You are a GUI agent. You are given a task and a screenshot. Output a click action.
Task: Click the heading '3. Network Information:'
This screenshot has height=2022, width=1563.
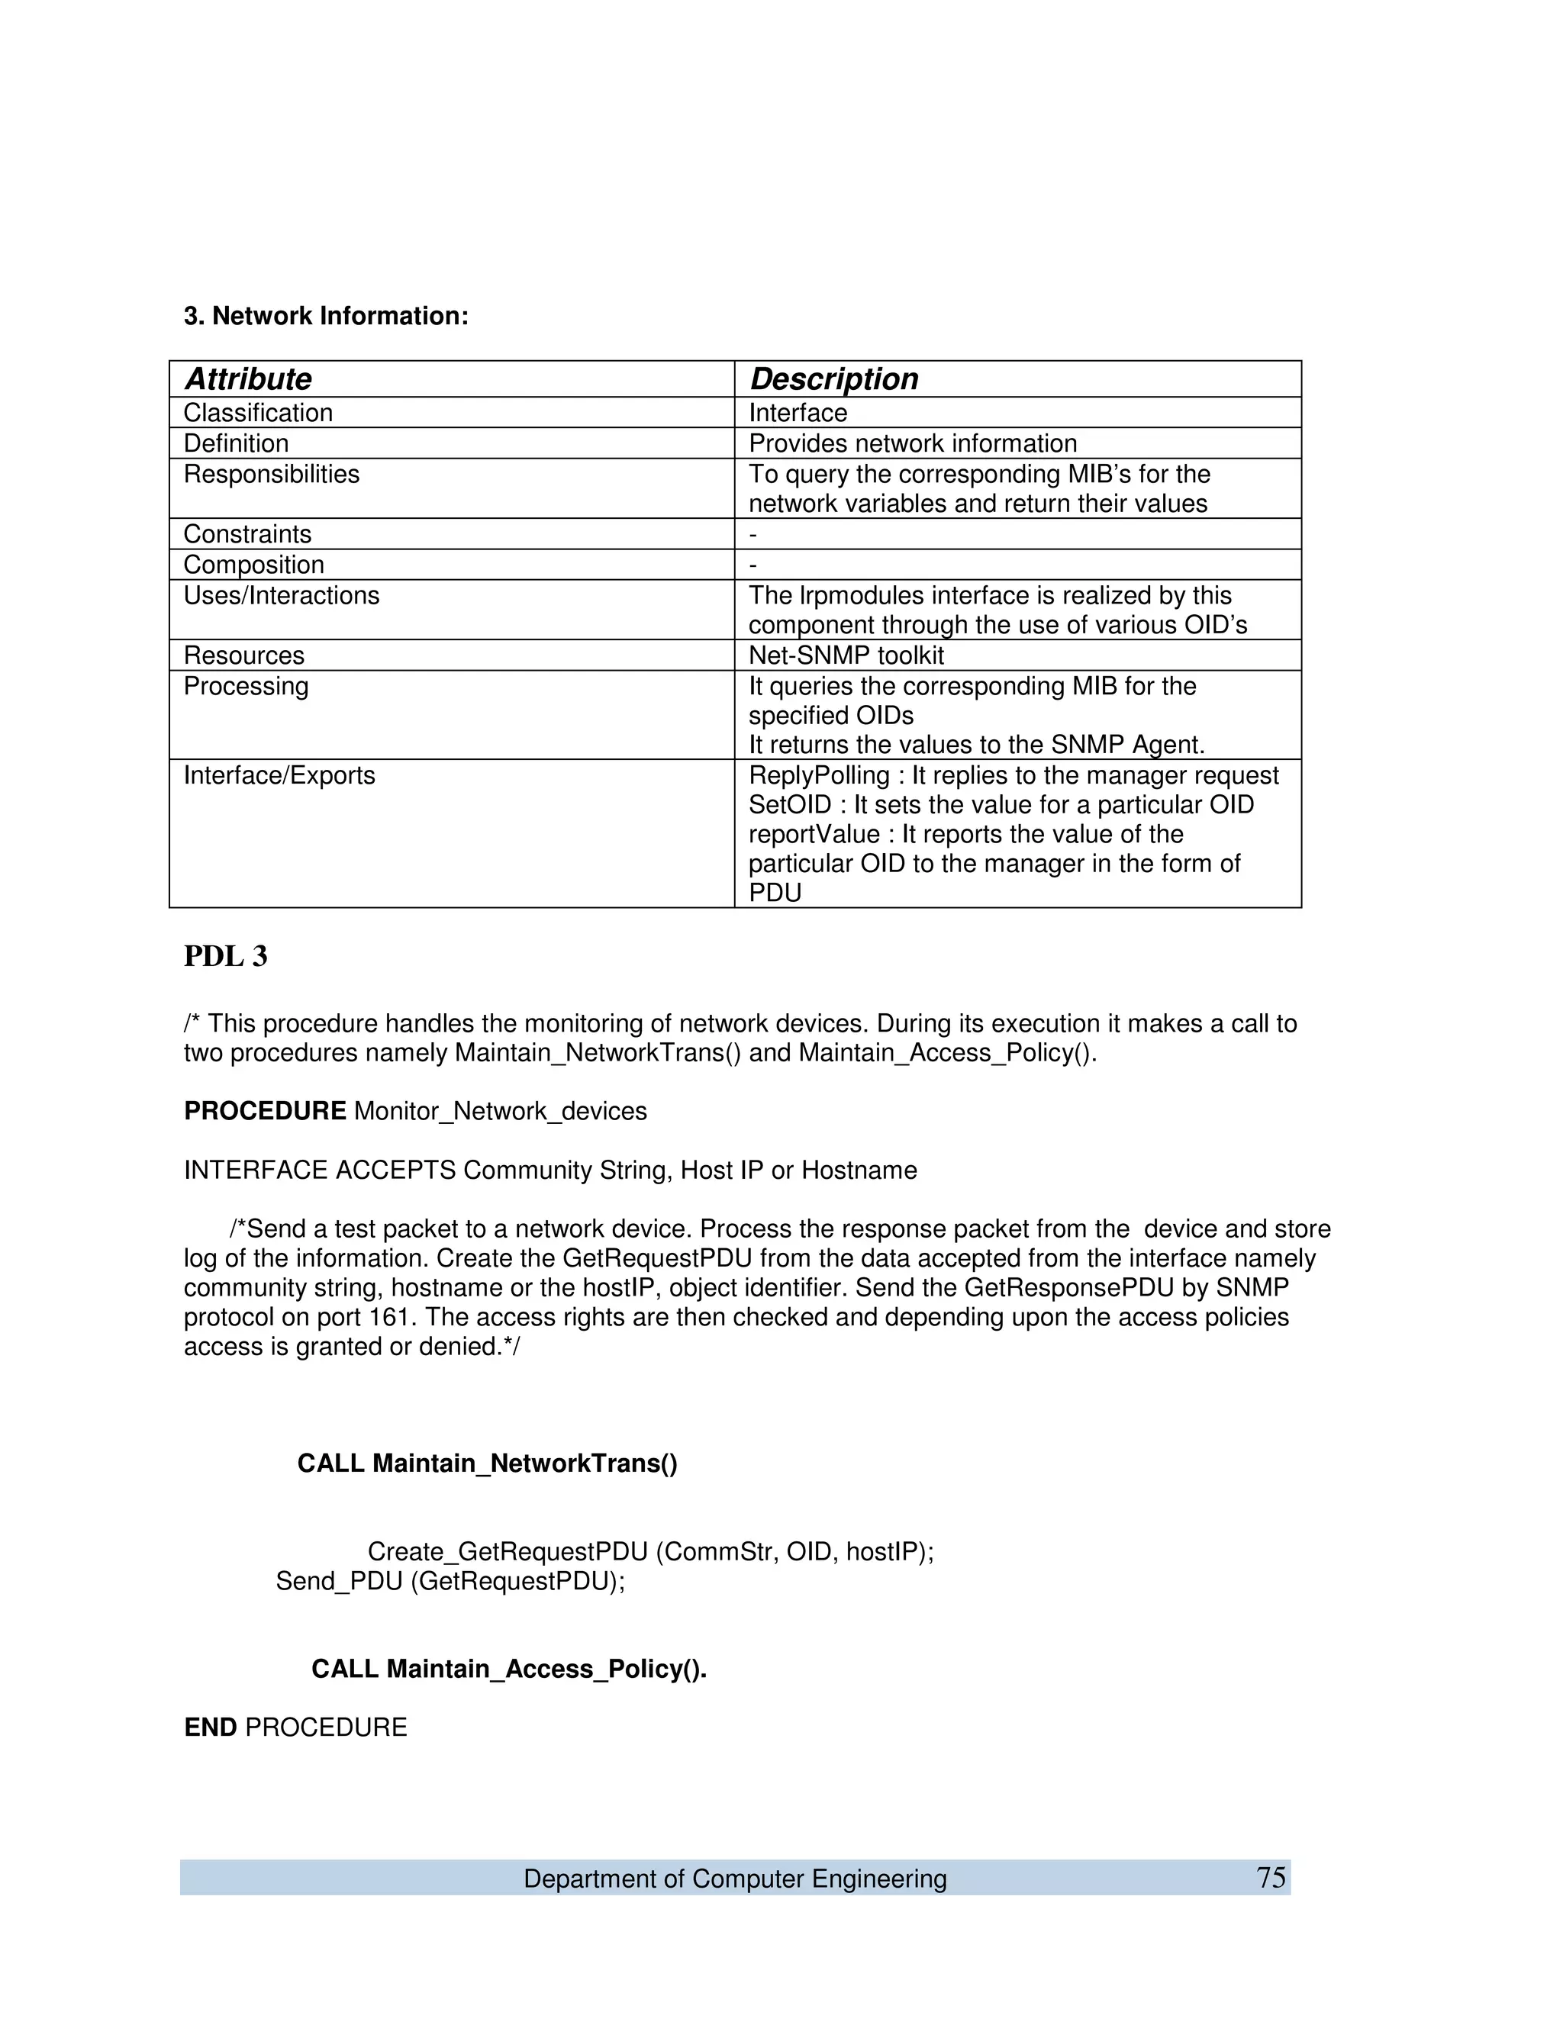coord(326,316)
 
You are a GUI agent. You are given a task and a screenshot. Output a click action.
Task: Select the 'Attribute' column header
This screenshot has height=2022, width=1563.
coord(248,378)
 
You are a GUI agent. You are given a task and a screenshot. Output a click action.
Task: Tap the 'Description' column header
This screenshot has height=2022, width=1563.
coord(833,378)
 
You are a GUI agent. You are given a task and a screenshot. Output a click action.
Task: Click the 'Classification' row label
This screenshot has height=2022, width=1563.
coord(257,413)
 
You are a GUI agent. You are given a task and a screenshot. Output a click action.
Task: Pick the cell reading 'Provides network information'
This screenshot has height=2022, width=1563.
coord(912,443)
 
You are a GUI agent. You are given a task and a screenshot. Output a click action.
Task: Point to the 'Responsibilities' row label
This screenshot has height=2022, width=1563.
coord(271,474)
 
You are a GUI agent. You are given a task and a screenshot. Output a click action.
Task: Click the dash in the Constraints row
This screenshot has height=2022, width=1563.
coord(752,534)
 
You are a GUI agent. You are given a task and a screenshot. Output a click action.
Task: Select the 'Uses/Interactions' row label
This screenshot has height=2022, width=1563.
coord(282,595)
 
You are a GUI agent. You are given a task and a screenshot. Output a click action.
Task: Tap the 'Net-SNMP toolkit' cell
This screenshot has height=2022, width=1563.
coord(846,655)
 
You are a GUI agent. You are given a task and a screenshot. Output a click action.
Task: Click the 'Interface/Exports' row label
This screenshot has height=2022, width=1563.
coord(279,775)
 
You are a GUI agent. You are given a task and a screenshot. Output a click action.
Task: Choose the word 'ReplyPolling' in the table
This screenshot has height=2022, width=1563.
coord(819,775)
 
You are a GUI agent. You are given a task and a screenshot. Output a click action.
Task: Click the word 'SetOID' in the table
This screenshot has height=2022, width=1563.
coord(790,804)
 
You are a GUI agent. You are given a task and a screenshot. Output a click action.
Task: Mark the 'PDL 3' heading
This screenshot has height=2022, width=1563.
coord(226,955)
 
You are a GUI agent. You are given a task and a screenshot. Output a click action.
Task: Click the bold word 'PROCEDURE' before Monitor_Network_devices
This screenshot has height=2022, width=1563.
coord(265,1111)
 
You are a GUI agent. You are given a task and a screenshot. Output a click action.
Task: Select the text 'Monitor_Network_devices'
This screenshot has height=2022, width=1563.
coord(500,1111)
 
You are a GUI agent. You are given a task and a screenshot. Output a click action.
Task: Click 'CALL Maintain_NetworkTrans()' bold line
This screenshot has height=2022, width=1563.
coord(487,1463)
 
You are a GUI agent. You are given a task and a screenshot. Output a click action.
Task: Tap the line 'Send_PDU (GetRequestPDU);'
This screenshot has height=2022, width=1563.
coord(450,1580)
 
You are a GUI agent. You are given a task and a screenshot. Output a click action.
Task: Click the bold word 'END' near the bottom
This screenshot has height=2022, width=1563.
coord(210,1727)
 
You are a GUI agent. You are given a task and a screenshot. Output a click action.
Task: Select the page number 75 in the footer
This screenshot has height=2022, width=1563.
coord(1271,1878)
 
